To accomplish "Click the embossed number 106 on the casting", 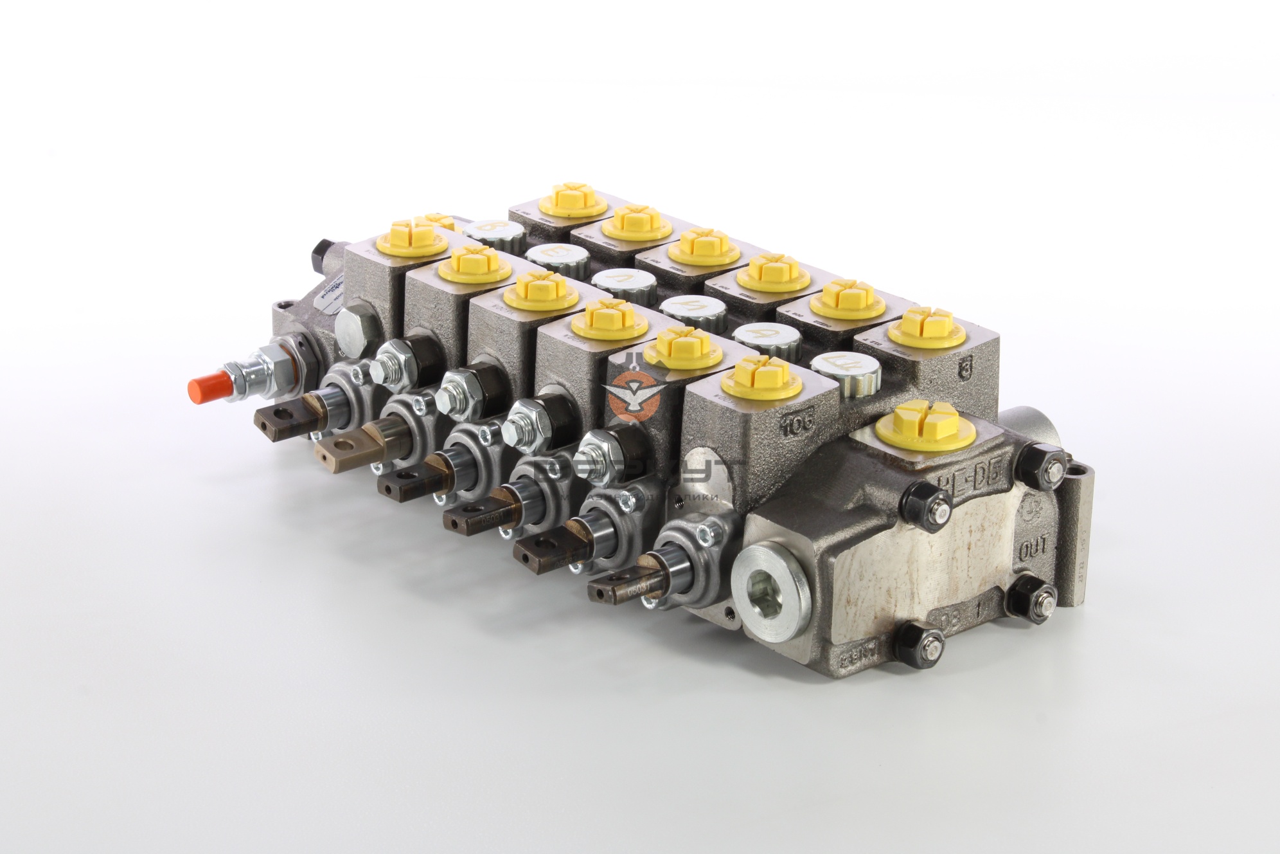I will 798,422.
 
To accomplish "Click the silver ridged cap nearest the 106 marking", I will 843,370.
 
